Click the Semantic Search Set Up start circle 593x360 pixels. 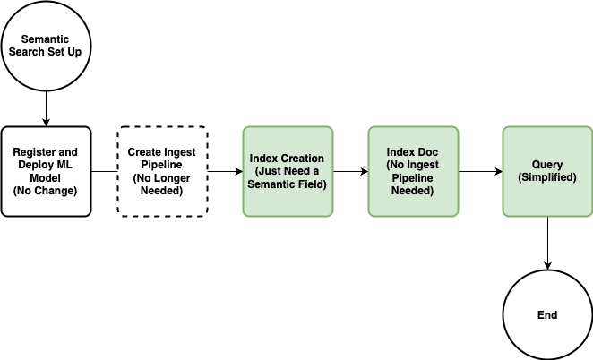pos(46,46)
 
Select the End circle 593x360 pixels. pos(546,314)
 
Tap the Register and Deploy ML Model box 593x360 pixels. pos(46,171)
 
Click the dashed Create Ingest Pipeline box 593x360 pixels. pos(162,171)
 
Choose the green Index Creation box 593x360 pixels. pos(287,171)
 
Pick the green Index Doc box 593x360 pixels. pos(412,171)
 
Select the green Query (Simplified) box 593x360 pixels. pos(546,171)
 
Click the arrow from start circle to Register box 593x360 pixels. pos(46,108)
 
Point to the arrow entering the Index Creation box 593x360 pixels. pos(225,171)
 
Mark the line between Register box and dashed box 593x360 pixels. pos(104,171)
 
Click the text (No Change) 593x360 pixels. pos(46,190)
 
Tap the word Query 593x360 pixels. pos(546,165)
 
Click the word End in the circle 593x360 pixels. pos(546,315)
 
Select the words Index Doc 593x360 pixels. pos(412,152)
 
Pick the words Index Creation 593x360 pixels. pos(287,159)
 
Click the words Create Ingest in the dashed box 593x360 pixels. pos(162,152)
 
